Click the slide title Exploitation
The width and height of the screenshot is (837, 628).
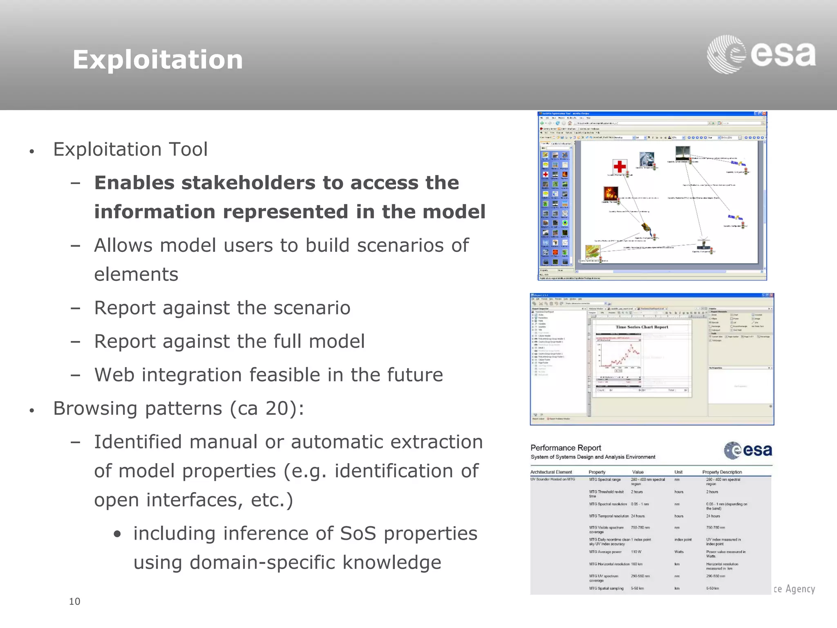[x=157, y=60]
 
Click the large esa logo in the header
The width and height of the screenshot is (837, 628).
[x=761, y=54]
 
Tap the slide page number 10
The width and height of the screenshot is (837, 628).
[x=74, y=601]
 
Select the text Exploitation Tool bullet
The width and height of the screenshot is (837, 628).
[x=130, y=149]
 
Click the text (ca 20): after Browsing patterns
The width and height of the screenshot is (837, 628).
[x=267, y=408]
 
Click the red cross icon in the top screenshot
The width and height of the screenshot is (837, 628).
[x=620, y=166]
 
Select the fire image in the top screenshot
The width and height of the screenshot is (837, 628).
[x=611, y=193]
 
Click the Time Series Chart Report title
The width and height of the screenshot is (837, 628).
[x=642, y=327]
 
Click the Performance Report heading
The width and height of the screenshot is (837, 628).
[x=566, y=448]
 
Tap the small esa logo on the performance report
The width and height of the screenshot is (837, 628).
[x=748, y=450]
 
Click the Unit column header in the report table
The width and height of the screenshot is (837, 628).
[x=678, y=472]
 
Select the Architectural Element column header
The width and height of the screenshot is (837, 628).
[x=551, y=472]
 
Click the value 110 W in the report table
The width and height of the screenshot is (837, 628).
[x=636, y=552]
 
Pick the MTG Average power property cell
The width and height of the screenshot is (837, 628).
[x=605, y=552]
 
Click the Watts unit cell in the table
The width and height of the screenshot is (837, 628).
[x=679, y=552]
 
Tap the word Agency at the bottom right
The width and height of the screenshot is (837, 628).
[x=800, y=589]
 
